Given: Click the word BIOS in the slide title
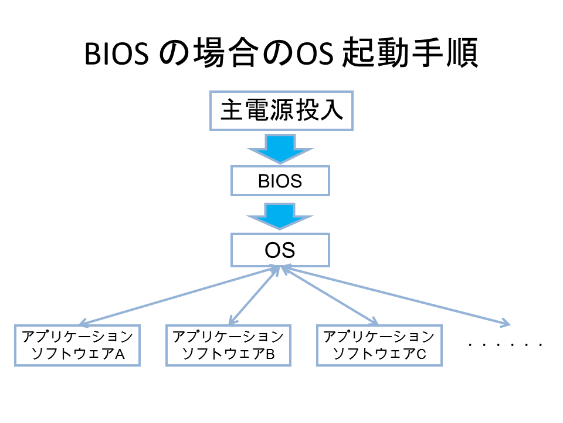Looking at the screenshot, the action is click(116, 54).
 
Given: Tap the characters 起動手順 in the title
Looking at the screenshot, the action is click(411, 53).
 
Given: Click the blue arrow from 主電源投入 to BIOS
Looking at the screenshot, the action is click(280, 148).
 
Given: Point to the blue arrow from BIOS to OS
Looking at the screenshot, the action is click(280, 216).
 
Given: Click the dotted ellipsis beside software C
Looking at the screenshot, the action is click(505, 345).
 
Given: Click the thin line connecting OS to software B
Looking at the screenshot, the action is click(254, 295).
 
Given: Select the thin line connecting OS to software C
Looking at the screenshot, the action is click(329, 295).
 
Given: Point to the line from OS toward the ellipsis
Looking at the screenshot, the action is click(397, 296).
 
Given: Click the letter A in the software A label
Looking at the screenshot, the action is click(120, 354).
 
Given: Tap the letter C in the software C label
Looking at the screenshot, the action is click(421, 354).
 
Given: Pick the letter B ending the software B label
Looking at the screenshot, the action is click(270, 354).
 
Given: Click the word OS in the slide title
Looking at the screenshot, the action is click(314, 54).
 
